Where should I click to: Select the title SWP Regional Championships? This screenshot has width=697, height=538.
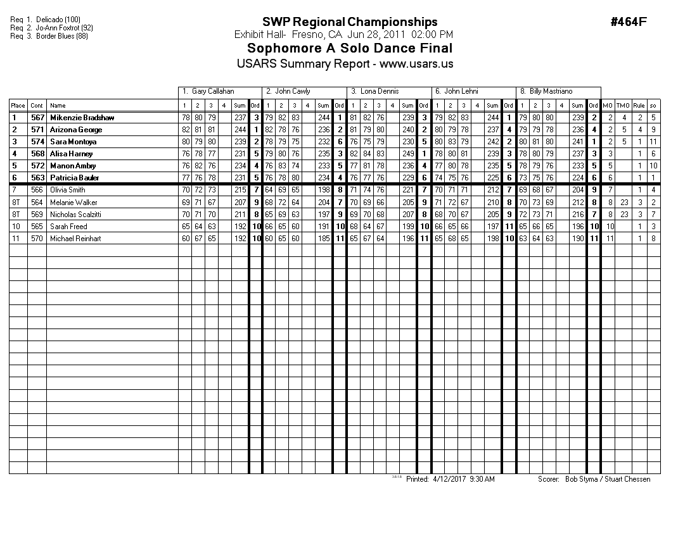(350, 23)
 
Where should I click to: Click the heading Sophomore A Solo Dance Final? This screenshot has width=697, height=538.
(350, 49)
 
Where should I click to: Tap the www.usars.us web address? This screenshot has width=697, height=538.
(416, 64)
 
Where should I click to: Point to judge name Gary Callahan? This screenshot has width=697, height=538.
(213, 92)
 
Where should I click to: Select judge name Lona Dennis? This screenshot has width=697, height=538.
(380, 92)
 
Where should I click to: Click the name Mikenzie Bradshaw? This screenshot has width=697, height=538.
(82, 118)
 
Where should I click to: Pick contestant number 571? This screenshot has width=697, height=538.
(37, 130)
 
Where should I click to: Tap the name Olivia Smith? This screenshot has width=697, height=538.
(67, 190)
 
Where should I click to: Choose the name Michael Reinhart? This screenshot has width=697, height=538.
(75, 239)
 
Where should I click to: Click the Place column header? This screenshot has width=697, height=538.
(18, 106)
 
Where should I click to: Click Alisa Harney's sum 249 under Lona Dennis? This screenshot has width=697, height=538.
(407, 154)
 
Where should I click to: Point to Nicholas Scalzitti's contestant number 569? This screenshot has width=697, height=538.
(37, 215)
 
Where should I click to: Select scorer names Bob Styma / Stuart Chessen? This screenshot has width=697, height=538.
(608, 479)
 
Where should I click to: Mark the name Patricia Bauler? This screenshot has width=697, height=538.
(75, 178)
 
